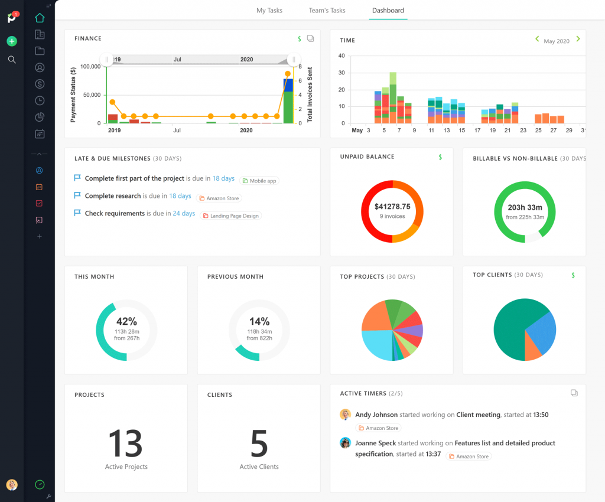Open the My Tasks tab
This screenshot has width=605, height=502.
pos(269,11)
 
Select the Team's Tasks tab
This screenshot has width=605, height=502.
pos(327,11)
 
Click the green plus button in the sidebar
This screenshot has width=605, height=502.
pos(12,41)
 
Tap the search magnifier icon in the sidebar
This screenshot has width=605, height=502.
pos(12,60)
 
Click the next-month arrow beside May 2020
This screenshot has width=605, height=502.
pos(578,39)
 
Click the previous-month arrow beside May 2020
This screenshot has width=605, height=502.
pos(537,39)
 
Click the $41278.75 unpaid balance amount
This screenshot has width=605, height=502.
pos(392,207)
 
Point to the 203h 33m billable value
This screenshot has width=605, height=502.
pos(525,208)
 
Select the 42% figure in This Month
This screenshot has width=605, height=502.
pos(126,321)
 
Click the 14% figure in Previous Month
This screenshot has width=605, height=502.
pos(259,321)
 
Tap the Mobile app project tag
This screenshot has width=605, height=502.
pos(259,181)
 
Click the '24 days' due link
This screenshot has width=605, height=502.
pos(184,214)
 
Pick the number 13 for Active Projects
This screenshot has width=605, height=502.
pos(126,443)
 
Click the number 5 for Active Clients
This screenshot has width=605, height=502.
pos(259,444)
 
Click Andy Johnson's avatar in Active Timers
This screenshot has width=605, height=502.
pos(346,415)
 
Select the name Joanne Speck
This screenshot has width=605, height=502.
pos(375,443)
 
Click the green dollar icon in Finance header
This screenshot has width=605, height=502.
pos(300,39)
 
